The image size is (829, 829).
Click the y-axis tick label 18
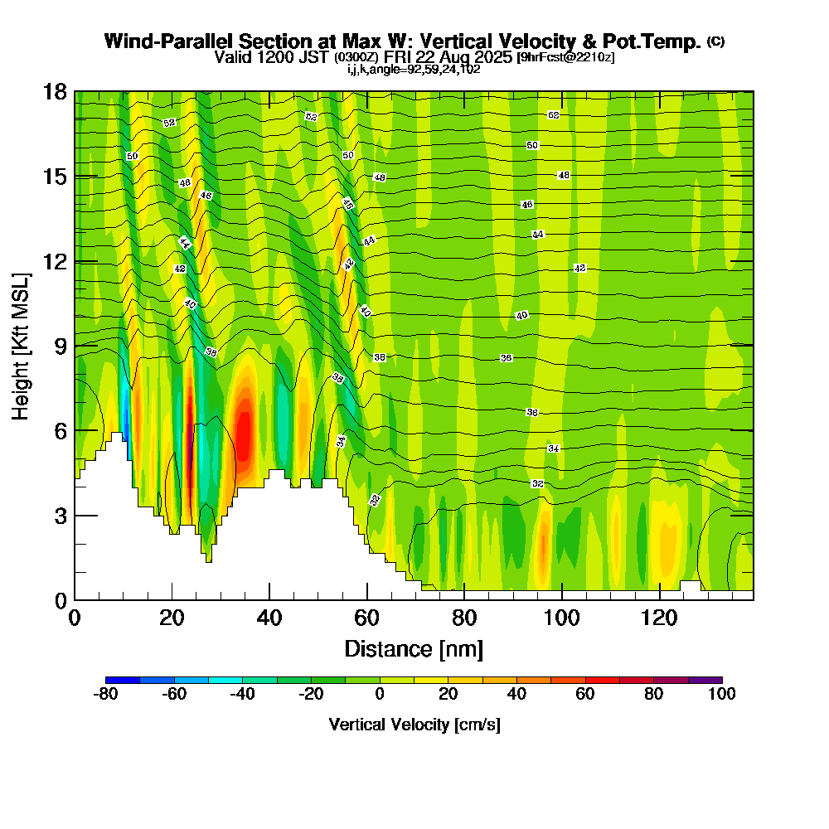(x=55, y=91)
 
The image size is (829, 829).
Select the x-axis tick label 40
(x=269, y=618)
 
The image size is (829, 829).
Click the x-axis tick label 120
(x=659, y=618)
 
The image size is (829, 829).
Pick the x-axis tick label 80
(x=464, y=618)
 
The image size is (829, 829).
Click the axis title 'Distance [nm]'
(x=414, y=648)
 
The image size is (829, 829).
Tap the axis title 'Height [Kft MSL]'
(x=22, y=346)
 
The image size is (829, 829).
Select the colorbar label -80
(x=105, y=695)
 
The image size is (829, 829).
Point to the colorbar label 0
(x=380, y=695)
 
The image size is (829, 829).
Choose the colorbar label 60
(x=585, y=695)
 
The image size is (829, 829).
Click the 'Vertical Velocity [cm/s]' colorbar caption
(x=414, y=725)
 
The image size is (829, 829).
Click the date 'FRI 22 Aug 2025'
(x=448, y=57)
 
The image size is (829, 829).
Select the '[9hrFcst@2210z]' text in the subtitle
(x=565, y=57)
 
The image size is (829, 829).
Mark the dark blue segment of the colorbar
(x=123, y=680)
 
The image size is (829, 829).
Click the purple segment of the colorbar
(x=705, y=680)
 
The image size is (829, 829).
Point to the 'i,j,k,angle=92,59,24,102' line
(x=414, y=69)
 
